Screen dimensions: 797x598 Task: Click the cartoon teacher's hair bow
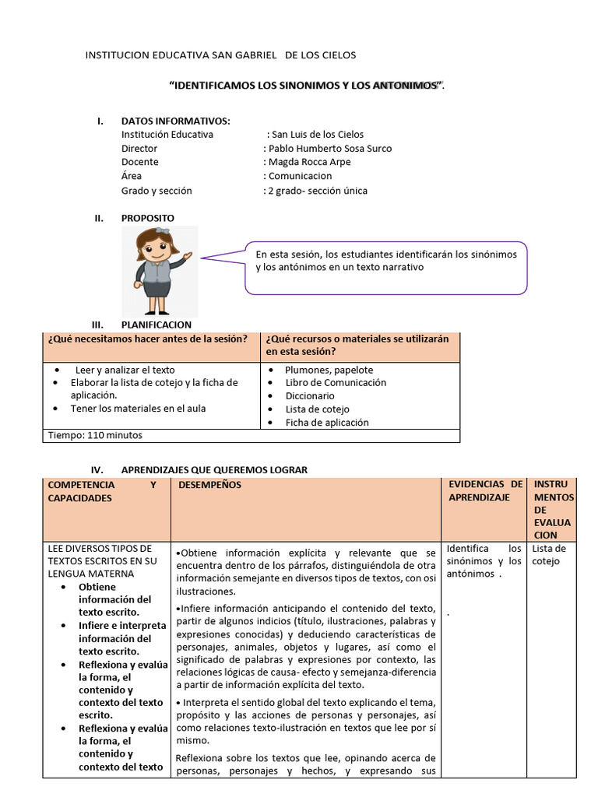coord(163,231)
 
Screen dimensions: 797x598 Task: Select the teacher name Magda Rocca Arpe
coord(309,162)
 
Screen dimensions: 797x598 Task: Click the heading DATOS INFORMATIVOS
coord(175,121)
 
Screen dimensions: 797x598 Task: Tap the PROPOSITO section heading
coord(148,218)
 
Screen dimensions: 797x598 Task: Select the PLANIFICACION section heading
coord(157,325)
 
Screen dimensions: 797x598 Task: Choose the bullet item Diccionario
coord(309,395)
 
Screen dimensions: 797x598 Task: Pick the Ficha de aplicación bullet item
coord(327,423)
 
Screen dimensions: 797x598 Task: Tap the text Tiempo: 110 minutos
coord(95,435)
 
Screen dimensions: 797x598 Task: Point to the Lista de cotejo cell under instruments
coord(550,554)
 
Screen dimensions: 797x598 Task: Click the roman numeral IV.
coord(97,470)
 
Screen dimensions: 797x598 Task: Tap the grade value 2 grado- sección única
coord(318,191)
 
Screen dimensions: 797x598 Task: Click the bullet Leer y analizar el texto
coord(125,370)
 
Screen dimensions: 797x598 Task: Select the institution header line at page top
coord(220,55)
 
